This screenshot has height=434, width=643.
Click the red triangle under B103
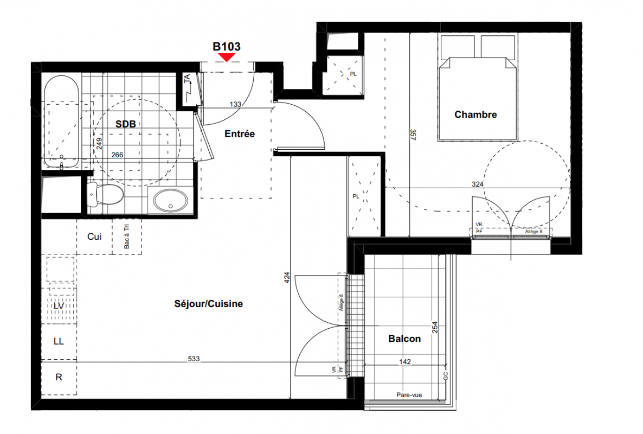click(x=227, y=57)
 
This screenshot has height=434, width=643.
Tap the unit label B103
click(x=227, y=47)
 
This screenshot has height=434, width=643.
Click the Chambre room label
click(x=475, y=114)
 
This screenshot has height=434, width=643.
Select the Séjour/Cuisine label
click(x=208, y=304)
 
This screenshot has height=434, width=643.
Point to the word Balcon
click(x=404, y=339)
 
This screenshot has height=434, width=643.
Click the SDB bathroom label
click(x=125, y=124)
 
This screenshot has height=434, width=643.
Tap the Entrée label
click(x=240, y=134)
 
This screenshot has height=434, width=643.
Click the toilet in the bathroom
click(x=105, y=194)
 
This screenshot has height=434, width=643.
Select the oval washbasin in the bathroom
click(x=171, y=201)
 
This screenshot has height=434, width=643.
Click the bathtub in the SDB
click(x=61, y=122)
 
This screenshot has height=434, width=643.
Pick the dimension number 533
click(x=194, y=359)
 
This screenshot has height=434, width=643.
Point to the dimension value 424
click(x=287, y=278)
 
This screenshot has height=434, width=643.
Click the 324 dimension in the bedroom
click(x=477, y=184)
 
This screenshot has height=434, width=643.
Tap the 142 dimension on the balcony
click(x=405, y=361)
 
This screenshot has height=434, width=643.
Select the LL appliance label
click(x=59, y=341)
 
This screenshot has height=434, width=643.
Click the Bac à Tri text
click(x=126, y=237)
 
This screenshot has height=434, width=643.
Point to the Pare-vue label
click(x=409, y=395)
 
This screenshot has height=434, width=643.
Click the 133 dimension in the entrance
click(x=235, y=104)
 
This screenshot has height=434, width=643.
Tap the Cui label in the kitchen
click(x=94, y=237)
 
